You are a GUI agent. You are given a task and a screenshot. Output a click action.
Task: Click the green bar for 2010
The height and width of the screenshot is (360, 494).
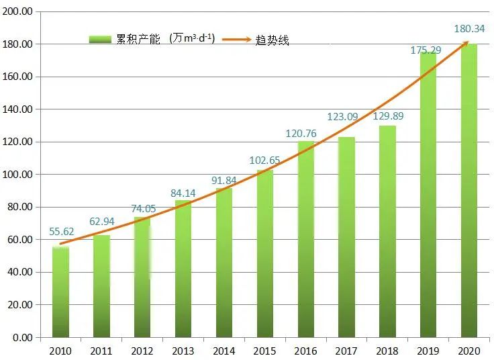pos(60,292)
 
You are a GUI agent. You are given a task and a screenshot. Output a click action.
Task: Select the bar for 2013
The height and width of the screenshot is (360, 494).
pos(183,269)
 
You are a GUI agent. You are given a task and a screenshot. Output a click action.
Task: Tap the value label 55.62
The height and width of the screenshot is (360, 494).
pos(62,232)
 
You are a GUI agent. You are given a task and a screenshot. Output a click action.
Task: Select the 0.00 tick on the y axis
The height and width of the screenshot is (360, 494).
pos(23,337)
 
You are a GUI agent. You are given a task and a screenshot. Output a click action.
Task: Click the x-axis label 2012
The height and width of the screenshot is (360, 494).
pos(142,351)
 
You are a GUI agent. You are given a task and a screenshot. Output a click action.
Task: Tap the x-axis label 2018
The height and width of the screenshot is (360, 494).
pos(387,351)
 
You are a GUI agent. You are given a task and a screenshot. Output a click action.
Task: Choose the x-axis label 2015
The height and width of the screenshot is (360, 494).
pos(264,351)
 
